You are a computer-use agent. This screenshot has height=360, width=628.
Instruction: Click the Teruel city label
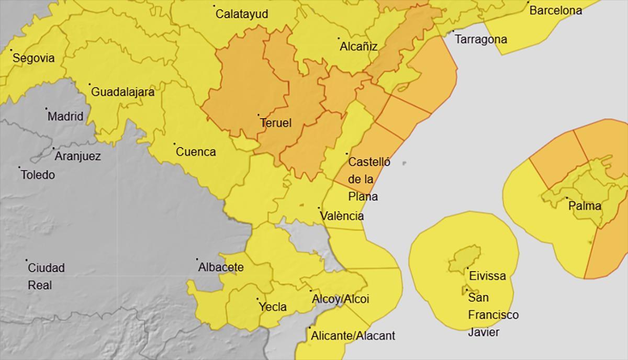[x=276, y=123]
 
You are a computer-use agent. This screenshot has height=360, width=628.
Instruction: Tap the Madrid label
[x=65, y=116]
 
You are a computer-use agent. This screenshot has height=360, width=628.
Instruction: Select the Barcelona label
[x=556, y=10]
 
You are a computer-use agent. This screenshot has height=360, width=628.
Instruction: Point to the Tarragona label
[x=480, y=39]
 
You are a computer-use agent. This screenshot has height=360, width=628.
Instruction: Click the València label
[x=342, y=216]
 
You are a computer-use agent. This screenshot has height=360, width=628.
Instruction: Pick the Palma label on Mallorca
[x=585, y=206]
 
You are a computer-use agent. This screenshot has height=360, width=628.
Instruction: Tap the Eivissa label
[x=487, y=276]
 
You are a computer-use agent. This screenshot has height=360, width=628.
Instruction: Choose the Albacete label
[x=221, y=267]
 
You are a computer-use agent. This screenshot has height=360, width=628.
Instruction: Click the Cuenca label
[x=196, y=152]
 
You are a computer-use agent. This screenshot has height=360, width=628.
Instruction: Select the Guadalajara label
[x=123, y=92]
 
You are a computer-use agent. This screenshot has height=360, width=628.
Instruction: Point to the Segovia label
[x=33, y=58]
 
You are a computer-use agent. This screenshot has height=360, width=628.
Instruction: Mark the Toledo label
[x=38, y=175]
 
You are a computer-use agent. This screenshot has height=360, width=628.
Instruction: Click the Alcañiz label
[x=358, y=47]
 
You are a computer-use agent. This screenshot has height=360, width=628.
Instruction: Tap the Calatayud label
[x=242, y=14]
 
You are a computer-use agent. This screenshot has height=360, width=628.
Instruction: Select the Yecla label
[x=273, y=307]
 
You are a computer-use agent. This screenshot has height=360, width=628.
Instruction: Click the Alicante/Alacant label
[x=353, y=335]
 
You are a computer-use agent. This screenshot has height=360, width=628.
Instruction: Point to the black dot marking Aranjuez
[x=53, y=149]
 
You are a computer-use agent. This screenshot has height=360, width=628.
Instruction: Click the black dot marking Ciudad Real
[x=27, y=260]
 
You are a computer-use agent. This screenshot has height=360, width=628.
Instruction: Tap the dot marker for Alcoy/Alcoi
[x=310, y=291]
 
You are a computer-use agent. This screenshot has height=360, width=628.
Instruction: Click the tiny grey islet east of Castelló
[x=405, y=163]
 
